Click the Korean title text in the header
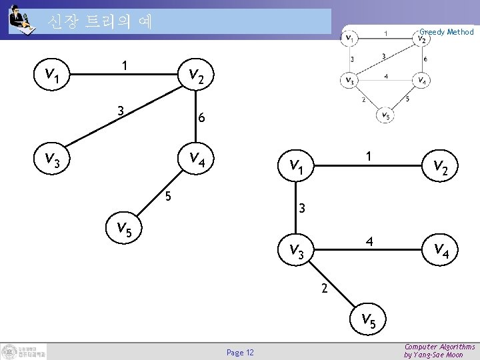(100, 22)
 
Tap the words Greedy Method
(446, 31)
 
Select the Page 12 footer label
(240, 352)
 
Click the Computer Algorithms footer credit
(439, 351)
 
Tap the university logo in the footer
(24, 351)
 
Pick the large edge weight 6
(201, 119)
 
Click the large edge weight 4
(369, 240)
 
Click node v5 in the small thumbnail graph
(384, 115)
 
